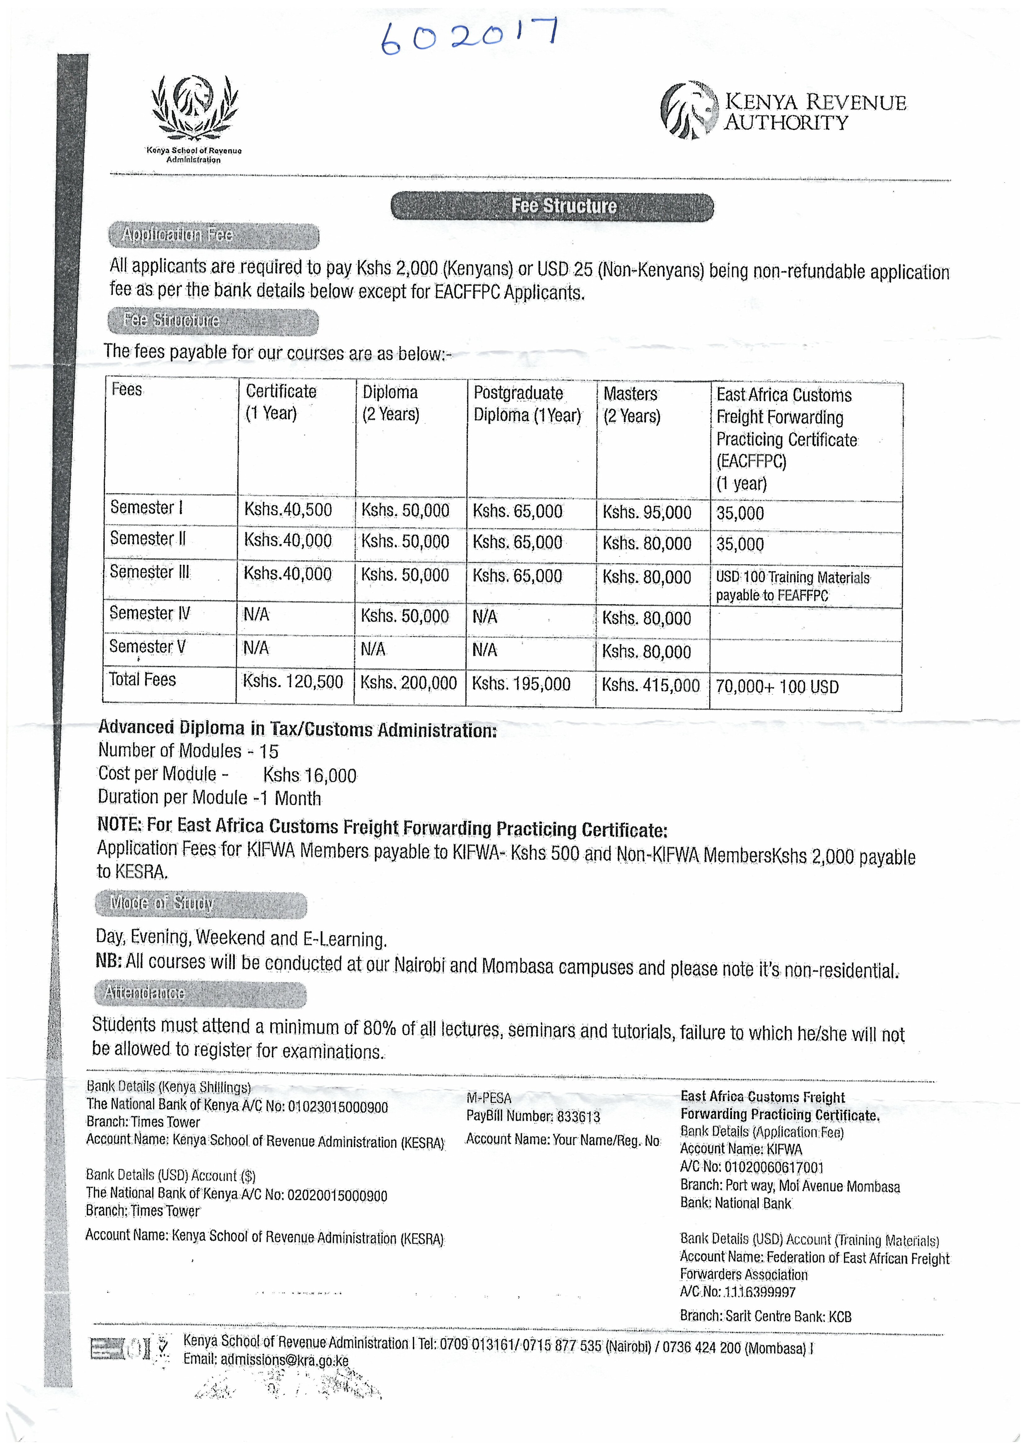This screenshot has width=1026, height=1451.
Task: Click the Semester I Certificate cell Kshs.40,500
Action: tap(288, 510)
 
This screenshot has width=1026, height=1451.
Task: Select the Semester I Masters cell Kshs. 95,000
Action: tap(647, 513)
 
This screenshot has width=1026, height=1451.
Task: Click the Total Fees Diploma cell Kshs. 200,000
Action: tap(408, 683)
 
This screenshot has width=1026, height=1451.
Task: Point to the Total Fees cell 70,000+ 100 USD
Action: tap(777, 687)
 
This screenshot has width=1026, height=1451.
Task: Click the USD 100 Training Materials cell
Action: tap(793, 586)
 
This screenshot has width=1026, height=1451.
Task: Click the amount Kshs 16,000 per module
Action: tap(310, 775)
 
